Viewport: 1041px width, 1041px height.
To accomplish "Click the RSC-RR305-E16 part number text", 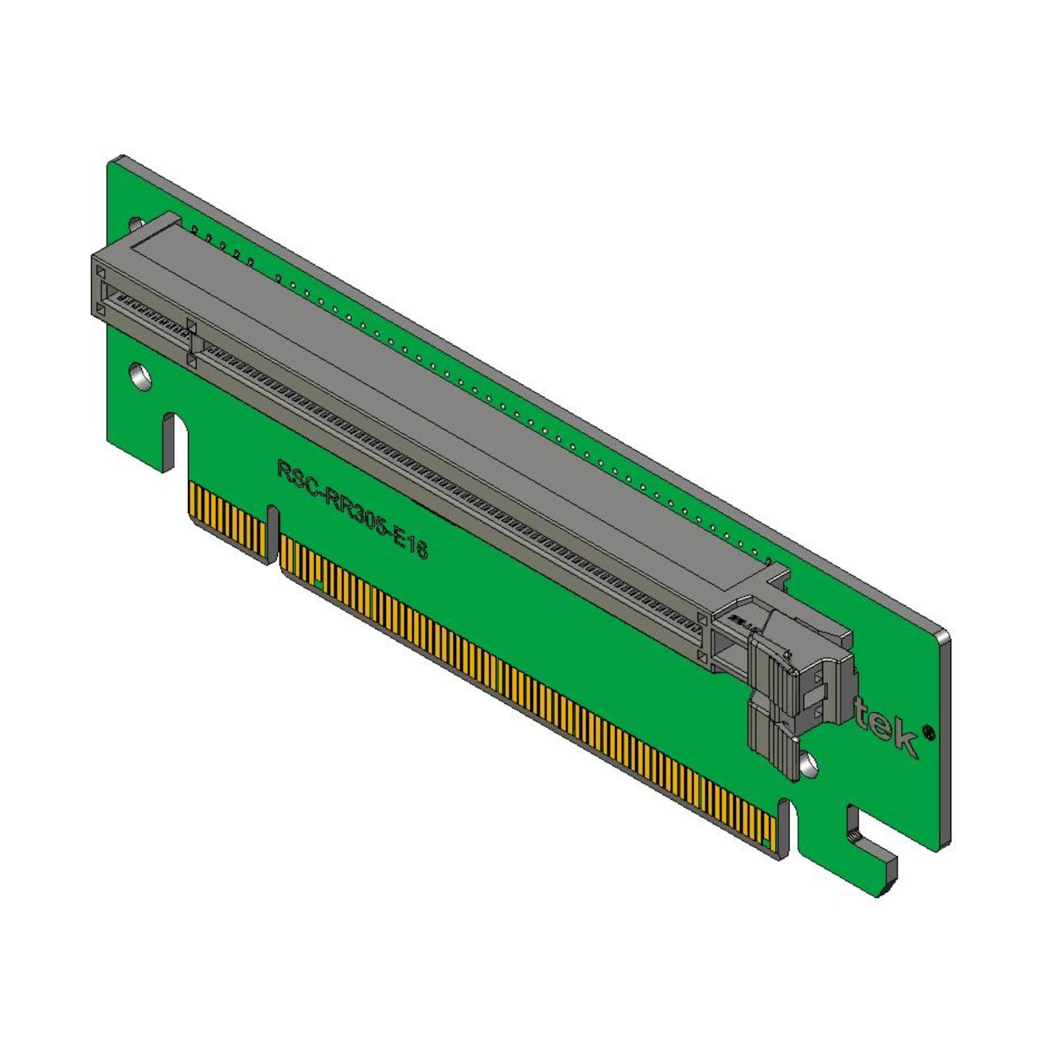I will [352, 508].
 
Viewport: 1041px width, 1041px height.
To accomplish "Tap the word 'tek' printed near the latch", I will [885, 729].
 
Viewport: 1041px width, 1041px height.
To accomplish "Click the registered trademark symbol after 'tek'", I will [929, 731].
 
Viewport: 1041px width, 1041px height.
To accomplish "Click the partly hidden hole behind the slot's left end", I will [134, 224].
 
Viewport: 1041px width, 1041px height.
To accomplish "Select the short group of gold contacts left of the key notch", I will [227, 517].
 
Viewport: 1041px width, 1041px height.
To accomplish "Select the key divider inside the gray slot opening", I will [192, 338].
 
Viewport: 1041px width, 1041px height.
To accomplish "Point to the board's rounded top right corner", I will [943, 634].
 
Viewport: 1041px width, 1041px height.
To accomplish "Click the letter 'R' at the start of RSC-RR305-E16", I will [284, 468].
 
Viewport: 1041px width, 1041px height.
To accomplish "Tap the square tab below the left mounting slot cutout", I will [166, 455].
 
